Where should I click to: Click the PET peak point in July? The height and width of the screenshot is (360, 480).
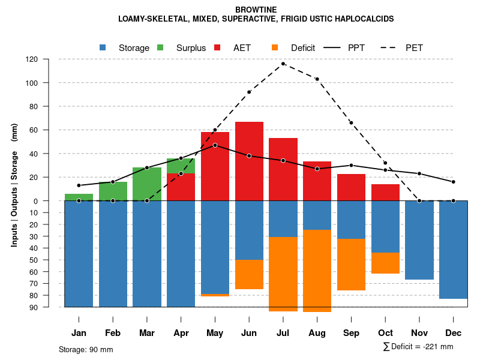pos(283,64)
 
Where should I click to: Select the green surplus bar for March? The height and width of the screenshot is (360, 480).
pos(147,184)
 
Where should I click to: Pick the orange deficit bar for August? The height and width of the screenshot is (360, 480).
pos(317,271)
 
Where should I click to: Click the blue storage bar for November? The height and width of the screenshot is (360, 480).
pos(419,240)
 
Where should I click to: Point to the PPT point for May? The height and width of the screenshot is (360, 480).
pos(215,145)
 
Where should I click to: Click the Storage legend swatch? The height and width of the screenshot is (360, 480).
pos(103,47)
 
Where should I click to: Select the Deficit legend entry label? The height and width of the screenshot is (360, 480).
pos(302,48)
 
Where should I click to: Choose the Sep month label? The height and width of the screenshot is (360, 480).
pos(351,333)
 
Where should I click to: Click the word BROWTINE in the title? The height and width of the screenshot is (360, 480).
pos(256,10)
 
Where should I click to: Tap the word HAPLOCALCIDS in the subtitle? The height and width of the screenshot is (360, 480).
pos(363,19)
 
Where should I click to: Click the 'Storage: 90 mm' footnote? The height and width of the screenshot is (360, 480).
pos(86,349)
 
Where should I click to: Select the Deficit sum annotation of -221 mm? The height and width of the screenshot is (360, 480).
pos(418,347)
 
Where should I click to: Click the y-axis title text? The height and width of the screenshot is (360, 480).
pos(14,185)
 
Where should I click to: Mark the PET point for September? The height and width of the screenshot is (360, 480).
pos(352,123)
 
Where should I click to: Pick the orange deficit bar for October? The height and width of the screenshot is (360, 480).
pos(385,263)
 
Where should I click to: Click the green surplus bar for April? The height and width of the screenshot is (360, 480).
pos(181,166)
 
